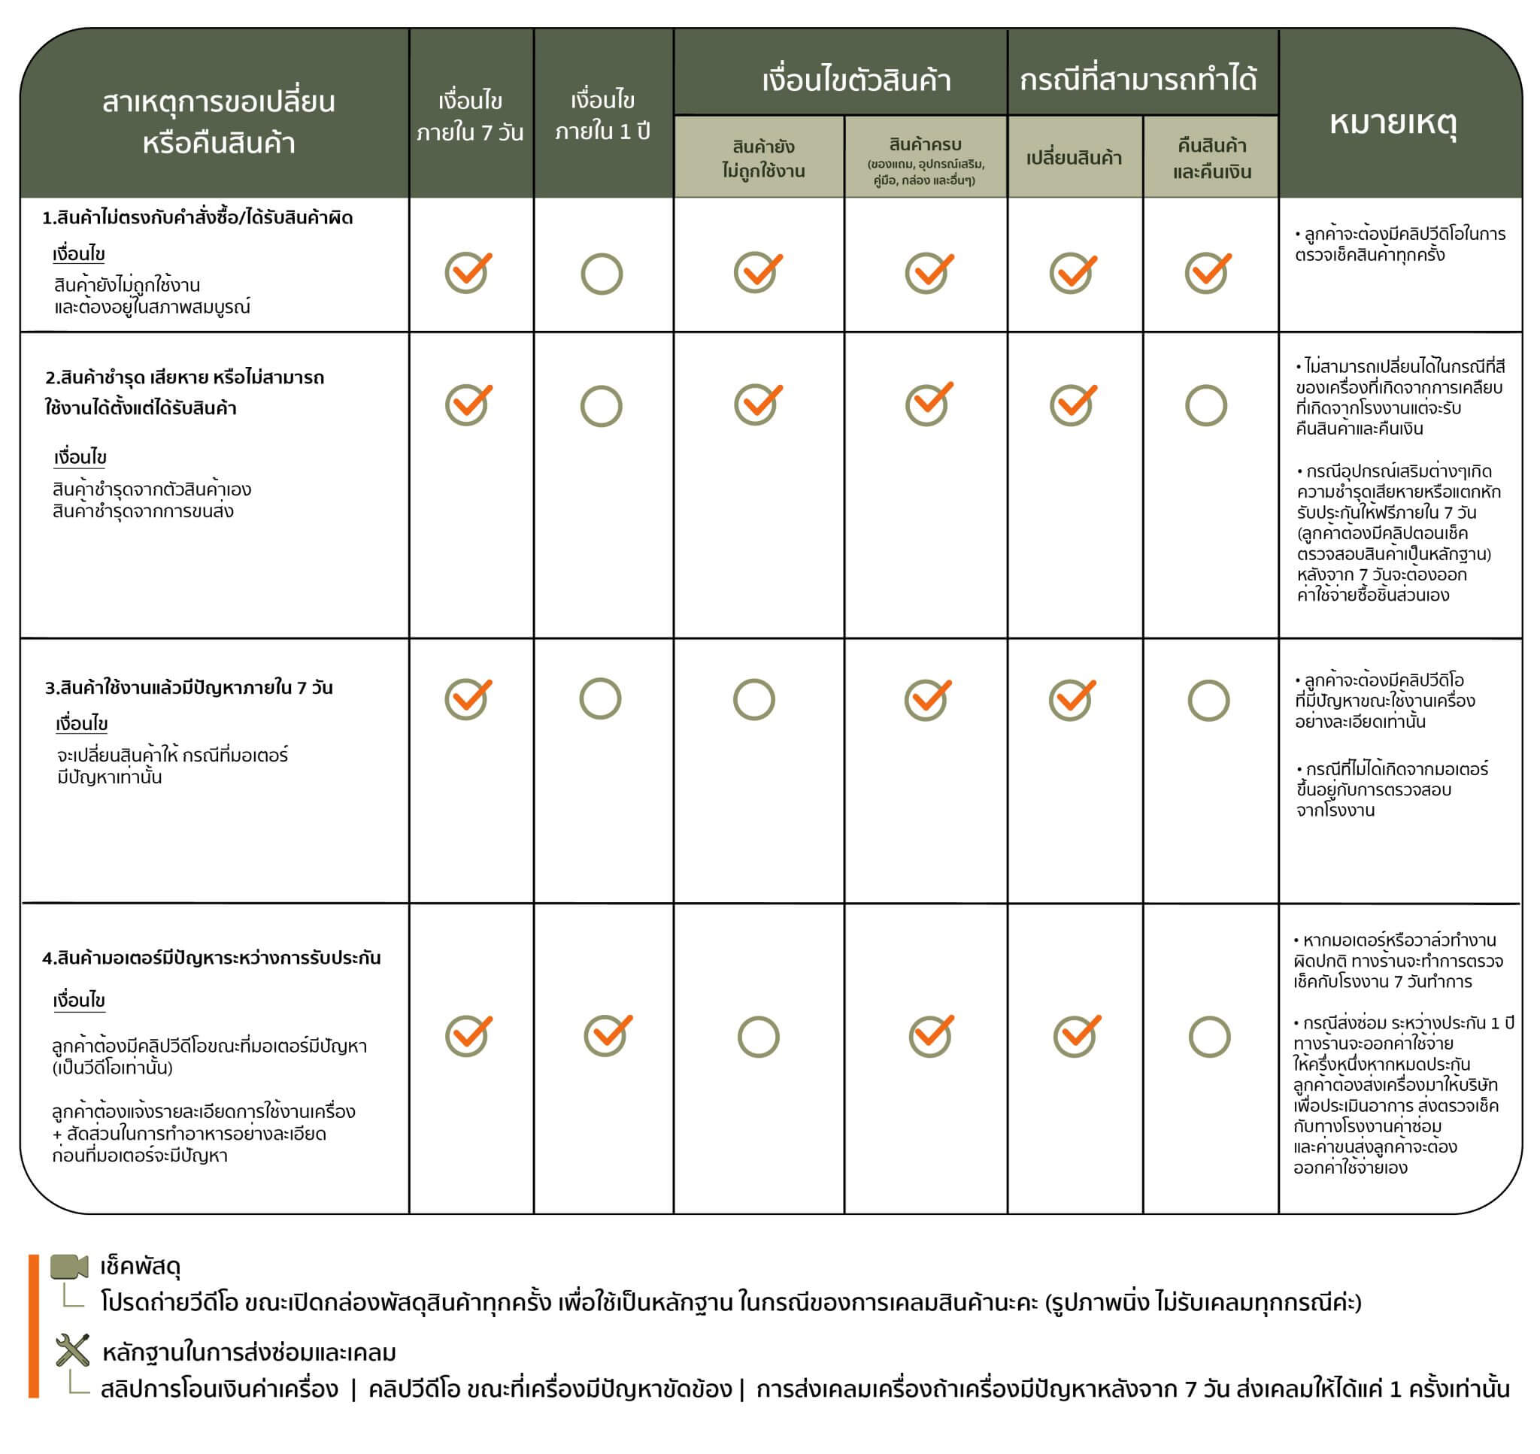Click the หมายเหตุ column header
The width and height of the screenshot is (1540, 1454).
(x=1393, y=123)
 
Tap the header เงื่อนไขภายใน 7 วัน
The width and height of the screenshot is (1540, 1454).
(x=470, y=117)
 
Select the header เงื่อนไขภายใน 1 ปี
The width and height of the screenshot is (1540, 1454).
(x=602, y=116)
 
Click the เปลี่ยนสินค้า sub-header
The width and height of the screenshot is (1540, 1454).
(x=1074, y=158)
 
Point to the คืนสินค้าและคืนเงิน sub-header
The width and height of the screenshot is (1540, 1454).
(x=1211, y=158)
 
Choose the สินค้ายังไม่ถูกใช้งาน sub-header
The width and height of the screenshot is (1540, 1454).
(x=762, y=158)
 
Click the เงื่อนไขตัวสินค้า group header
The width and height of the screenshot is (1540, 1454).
(x=856, y=80)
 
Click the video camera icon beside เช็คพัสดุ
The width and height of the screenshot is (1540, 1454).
(x=70, y=1268)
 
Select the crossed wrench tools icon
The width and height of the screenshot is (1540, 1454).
(x=73, y=1350)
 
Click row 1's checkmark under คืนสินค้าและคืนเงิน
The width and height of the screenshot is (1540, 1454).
(x=1208, y=272)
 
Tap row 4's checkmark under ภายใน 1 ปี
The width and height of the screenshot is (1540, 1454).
(x=607, y=1034)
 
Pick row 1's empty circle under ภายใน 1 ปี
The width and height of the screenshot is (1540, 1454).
(x=602, y=274)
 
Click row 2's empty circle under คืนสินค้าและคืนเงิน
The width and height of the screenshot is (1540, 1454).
(x=1206, y=405)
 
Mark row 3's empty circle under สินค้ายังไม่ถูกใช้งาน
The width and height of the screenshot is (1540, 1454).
(x=754, y=700)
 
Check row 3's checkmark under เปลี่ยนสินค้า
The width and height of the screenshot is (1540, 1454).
(x=1072, y=699)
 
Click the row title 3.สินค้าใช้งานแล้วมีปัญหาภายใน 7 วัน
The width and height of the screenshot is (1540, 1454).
(x=188, y=687)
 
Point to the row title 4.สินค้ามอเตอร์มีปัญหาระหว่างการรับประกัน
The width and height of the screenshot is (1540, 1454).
(x=211, y=958)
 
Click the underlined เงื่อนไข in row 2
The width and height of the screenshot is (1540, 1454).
(x=80, y=457)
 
